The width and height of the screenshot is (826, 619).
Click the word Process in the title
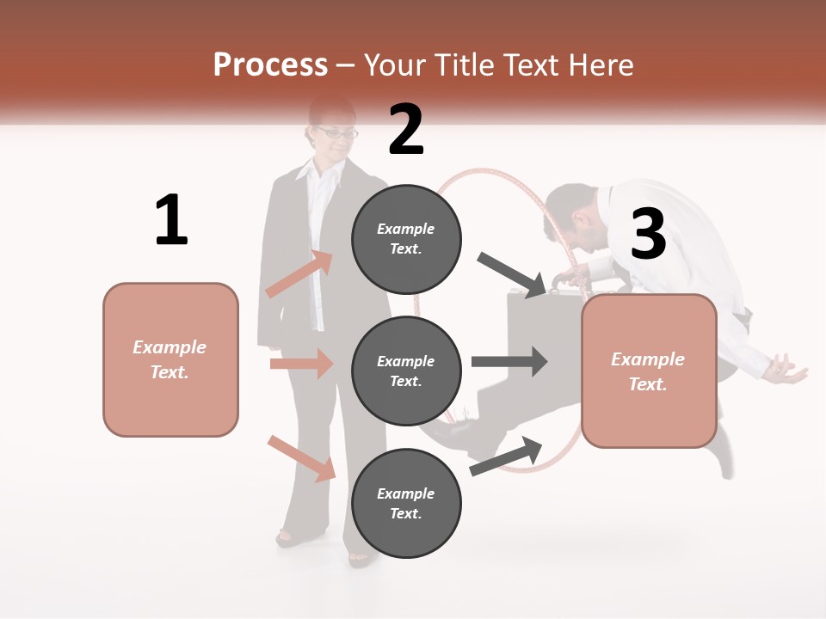[270, 65]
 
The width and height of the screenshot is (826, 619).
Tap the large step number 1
[171, 220]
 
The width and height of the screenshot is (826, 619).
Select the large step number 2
[406, 130]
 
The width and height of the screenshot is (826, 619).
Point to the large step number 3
[648, 234]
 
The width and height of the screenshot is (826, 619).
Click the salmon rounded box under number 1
[170, 359]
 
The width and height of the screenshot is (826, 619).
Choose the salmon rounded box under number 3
[649, 371]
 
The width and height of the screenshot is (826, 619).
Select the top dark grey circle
[406, 239]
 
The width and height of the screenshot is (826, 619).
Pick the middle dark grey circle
[406, 371]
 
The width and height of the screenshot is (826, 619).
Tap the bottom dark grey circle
[406, 504]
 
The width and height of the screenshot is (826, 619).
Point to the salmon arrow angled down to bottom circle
[302, 457]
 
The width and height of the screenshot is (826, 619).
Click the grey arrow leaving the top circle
[511, 274]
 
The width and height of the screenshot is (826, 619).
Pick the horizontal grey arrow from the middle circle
[509, 361]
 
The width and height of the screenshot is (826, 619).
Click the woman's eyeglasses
[336, 132]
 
